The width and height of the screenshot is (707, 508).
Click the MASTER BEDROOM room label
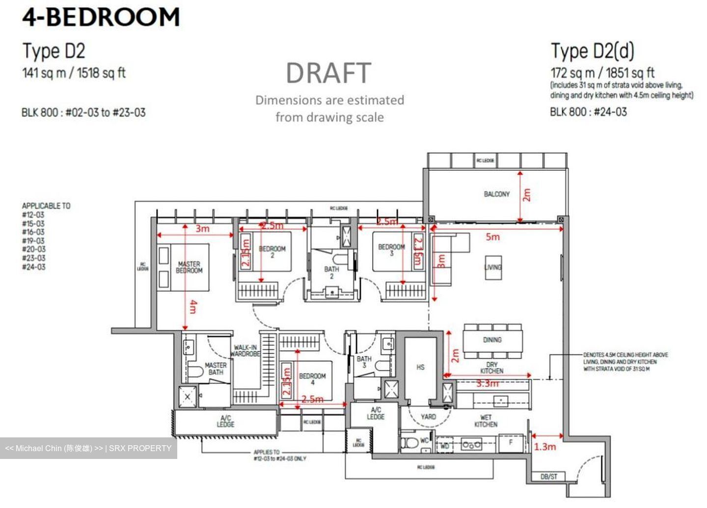pos(189,267)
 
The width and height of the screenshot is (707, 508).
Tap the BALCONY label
pos(496,194)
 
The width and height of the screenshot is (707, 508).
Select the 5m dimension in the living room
pos(492,237)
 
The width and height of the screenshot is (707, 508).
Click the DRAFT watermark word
pos(328,74)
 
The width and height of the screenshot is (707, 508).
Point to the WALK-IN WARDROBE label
pos(245,351)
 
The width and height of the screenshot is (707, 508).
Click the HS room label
pos(420,367)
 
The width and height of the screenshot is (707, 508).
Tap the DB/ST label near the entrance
pos(548,477)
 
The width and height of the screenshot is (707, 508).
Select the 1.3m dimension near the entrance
pos(545,447)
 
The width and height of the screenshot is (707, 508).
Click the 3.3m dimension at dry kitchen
pos(487,384)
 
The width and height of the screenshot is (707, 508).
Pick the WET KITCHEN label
pos(486,421)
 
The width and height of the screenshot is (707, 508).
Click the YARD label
pos(428,417)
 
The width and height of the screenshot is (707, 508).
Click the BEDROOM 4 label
pos(312,379)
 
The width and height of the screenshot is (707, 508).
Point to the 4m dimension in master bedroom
pos(193,307)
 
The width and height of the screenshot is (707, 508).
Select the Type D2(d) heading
pos(592,51)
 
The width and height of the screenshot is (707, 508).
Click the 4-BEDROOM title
pos(101,17)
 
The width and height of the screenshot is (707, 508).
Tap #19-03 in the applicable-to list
pos(33,241)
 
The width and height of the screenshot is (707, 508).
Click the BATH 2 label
pos(331,272)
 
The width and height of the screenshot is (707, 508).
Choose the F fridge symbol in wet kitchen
pos(511,443)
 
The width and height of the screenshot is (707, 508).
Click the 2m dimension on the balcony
pos(527,195)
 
